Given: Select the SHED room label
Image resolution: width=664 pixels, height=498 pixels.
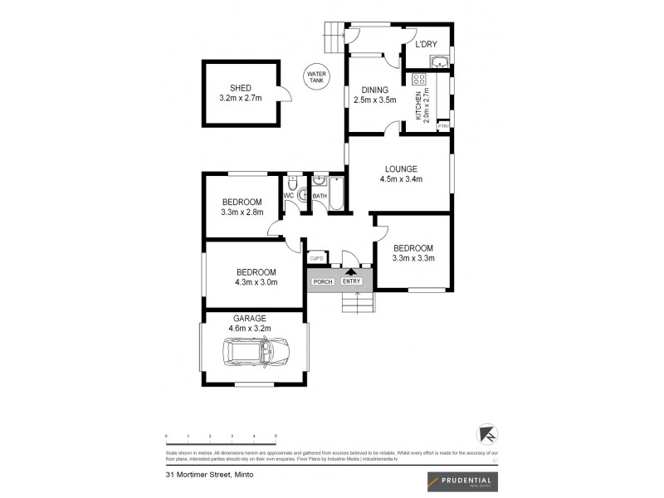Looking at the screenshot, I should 241,88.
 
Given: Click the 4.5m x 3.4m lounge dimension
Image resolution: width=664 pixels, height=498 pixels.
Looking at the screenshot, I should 401,178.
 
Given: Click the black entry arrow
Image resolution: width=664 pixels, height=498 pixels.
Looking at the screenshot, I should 351,271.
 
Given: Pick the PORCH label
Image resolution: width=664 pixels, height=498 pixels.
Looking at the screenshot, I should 322,281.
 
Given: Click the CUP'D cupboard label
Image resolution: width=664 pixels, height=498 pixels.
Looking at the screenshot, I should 316,258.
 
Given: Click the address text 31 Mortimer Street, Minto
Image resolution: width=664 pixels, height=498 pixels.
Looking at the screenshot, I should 209,476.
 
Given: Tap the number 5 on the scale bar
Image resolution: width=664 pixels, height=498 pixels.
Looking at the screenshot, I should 276,436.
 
